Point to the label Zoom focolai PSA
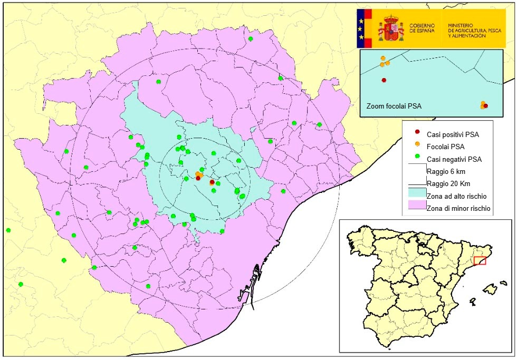394,105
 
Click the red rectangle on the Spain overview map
480,260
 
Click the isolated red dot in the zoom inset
384,80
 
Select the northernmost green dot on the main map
251,39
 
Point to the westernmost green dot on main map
8,230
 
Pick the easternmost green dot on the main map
319,125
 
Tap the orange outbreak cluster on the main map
198,174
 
